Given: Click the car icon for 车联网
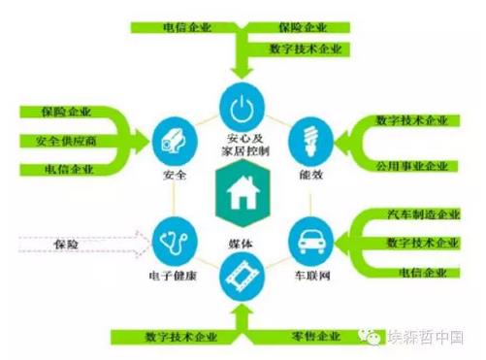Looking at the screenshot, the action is [x=310, y=238].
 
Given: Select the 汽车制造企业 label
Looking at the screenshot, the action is [x=412, y=214].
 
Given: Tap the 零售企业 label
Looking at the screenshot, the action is [x=315, y=337].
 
